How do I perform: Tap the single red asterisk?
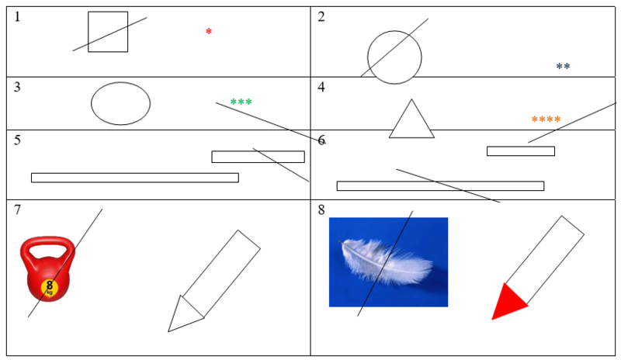point(209,31)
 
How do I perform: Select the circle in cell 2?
point(368,57)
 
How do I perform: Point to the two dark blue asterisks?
point(563,66)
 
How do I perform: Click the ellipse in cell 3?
point(92,104)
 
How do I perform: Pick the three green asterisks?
point(241,102)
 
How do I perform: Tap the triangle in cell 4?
point(411,137)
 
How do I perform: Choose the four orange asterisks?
point(546,119)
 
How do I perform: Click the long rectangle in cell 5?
point(134,174)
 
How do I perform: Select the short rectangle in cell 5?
point(258,151)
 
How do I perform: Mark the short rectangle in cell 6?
point(520,147)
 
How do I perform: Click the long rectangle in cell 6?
point(440,182)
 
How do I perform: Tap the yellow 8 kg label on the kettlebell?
point(50,287)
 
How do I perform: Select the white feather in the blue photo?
point(386,261)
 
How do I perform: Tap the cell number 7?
point(17,210)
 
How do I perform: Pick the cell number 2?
point(321,17)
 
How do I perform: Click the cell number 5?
point(17,140)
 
